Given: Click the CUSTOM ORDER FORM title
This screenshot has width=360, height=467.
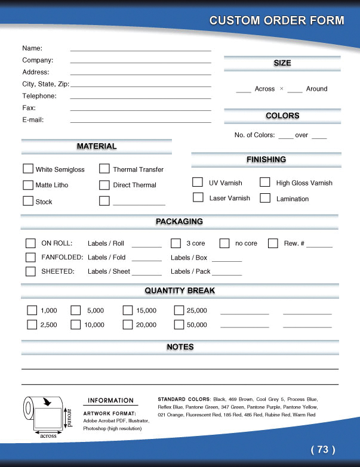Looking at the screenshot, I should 276,21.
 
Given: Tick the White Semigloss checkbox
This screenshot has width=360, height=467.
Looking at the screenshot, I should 28,169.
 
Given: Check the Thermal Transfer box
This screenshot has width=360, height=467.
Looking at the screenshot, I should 104,169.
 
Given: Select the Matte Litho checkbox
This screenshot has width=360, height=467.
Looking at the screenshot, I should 28,185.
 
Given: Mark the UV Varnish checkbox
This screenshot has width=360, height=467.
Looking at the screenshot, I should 198,182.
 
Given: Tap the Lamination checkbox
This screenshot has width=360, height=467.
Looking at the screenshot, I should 265,197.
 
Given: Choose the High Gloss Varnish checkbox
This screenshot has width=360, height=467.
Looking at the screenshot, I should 265,182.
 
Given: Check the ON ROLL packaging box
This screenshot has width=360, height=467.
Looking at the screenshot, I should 30,243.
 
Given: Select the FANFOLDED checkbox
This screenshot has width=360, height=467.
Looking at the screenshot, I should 30,257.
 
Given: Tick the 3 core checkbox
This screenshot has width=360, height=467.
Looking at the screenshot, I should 176,243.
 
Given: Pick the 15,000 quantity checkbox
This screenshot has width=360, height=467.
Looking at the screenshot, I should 128,310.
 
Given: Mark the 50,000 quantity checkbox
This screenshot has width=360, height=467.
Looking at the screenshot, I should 179,324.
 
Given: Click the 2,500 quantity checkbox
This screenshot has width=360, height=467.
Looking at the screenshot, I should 32,324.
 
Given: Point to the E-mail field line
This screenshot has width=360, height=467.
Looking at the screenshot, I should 140,122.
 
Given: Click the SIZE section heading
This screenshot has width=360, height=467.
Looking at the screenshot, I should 282,63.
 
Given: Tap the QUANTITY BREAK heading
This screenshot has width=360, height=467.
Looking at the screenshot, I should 180,291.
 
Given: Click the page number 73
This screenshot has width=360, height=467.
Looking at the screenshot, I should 323,449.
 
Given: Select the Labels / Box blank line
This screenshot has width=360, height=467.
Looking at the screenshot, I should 227,261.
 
